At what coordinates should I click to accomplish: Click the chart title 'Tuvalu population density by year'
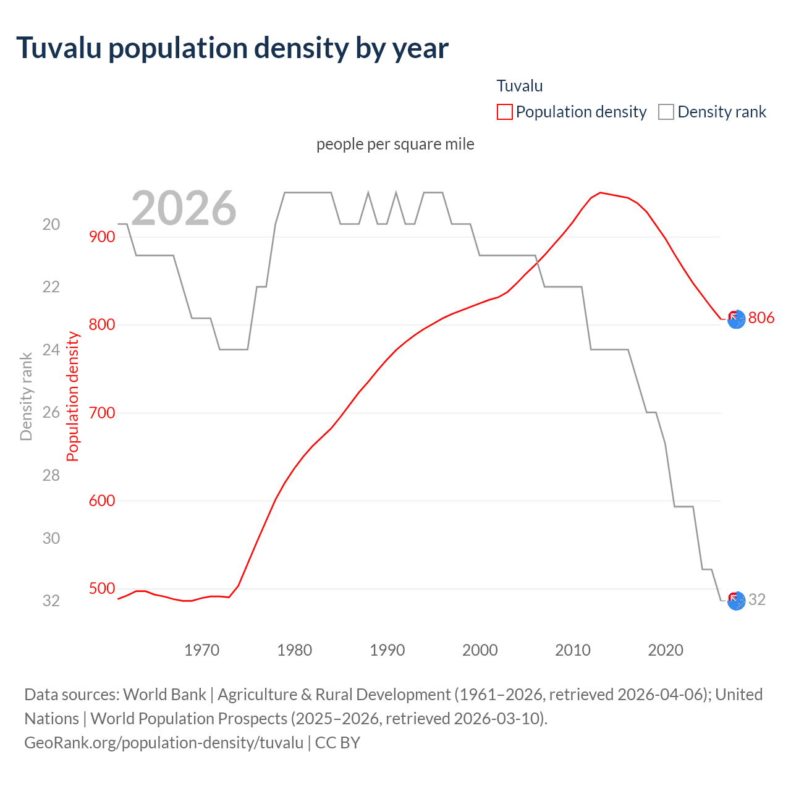tap(232, 48)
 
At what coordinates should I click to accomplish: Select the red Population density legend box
tap(505, 112)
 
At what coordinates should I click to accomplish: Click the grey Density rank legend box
tap(666, 112)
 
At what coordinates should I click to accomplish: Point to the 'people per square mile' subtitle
tap(395, 144)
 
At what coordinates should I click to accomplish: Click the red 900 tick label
tap(102, 237)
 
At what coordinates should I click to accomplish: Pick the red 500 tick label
tap(102, 588)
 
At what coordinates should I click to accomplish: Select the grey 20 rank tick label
tap(51, 224)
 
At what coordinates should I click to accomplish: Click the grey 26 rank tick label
tap(51, 412)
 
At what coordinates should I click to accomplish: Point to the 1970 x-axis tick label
tap(202, 650)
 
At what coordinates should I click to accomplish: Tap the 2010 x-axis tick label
tap(573, 650)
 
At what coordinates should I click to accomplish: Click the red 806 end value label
tap(761, 318)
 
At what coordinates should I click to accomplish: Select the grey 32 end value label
tap(757, 599)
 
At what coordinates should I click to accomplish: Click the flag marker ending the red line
tap(736, 319)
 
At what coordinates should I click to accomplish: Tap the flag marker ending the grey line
tap(736, 601)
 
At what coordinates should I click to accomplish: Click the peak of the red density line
tap(601, 193)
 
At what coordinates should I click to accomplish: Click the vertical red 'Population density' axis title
tap(73, 396)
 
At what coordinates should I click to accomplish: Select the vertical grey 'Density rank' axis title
tap(26, 396)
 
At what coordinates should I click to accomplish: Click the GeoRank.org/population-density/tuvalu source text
tap(164, 742)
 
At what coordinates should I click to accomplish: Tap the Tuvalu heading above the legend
tap(520, 86)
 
